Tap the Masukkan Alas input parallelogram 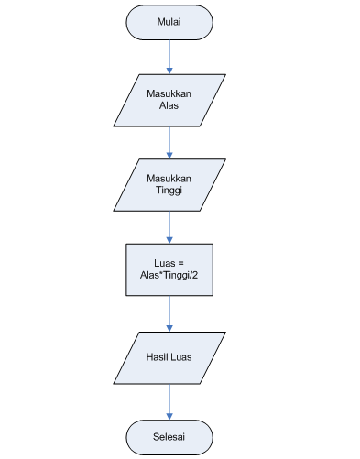[169, 100]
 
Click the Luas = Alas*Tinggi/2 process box [169, 269]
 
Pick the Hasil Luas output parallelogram [169, 356]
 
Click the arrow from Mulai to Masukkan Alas [169, 56]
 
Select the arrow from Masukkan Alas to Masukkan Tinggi [169, 141]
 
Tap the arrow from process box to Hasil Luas [169, 312]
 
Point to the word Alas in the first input [169, 106]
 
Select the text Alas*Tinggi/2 [169, 276]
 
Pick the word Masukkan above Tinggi [169, 177]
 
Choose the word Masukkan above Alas [169, 93]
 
